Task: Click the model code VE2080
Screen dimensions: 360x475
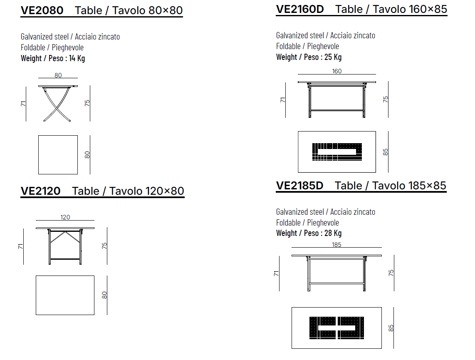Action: (x=42, y=10)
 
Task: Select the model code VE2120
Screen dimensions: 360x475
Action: (x=40, y=191)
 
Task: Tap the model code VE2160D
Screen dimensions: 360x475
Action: (x=300, y=9)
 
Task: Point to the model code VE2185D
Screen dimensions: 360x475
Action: (x=299, y=185)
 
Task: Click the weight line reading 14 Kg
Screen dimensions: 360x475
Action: (x=53, y=58)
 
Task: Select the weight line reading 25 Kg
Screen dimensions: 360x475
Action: (x=309, y=57)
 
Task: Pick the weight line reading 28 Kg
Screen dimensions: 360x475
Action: (x=309, y=233)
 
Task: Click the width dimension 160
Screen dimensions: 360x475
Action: (x=337, y=71)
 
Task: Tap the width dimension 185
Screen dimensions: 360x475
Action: (x=336, y=245)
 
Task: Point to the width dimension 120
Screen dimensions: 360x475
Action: (x=65, y=217)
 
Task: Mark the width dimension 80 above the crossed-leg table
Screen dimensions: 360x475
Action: (x=58, y=75)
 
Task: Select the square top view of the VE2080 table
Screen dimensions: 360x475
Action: (x=58, y=154)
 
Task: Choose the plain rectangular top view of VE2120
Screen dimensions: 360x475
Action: (x=65, y=295)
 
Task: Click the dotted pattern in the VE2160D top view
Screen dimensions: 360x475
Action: (x=337, y=151)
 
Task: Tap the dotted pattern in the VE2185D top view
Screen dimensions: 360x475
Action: (x=336, y=328)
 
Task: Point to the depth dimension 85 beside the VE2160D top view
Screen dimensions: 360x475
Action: (x=386, y=152)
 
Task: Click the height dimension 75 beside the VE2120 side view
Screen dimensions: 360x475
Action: (x=104, y=246)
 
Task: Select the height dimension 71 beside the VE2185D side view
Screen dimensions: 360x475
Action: (x=276, y=273)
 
